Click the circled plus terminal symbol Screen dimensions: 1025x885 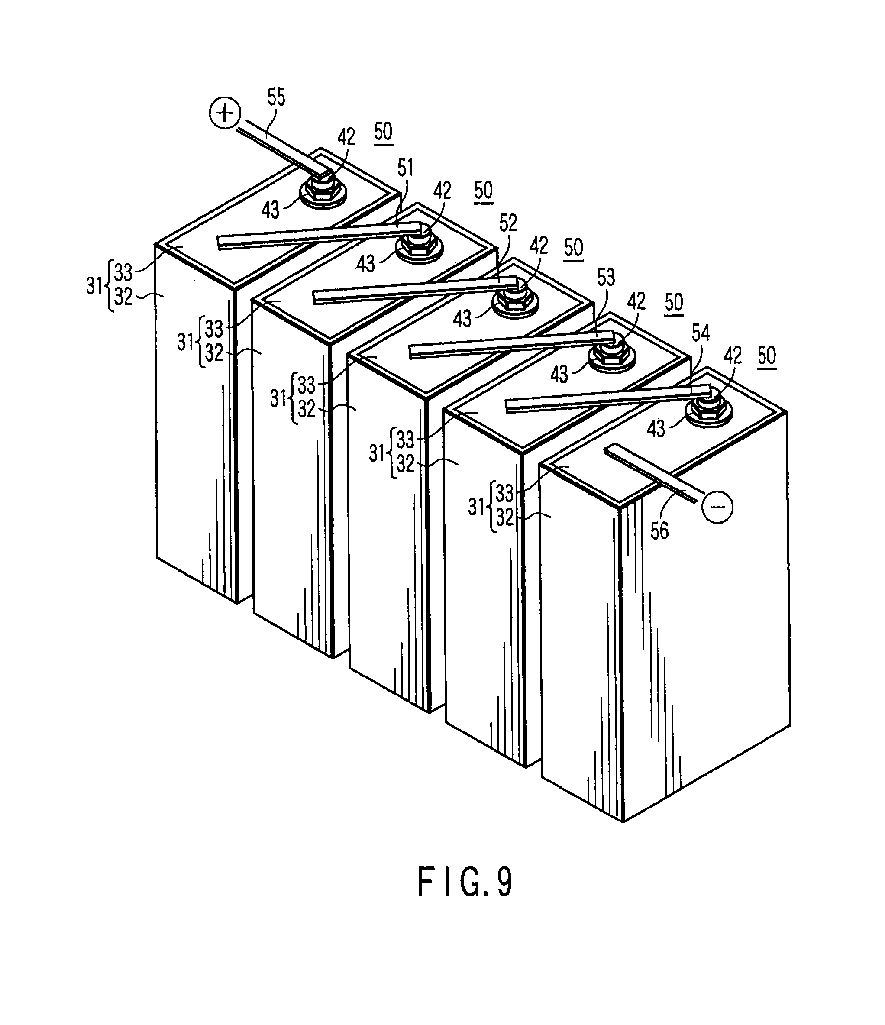click(225, 114)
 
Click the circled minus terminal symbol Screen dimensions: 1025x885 click(717, 507)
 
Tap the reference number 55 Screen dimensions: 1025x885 click(276, 97)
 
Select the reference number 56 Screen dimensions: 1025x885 click(659, 531)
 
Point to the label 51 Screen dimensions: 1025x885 click(405, 168)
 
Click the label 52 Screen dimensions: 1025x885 click(508, 223)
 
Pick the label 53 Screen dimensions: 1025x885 click(605, 278)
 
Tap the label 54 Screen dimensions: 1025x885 click(701, 333)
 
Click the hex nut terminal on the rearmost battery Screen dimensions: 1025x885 click(323, 191)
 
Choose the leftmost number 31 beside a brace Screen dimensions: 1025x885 click(94, 285)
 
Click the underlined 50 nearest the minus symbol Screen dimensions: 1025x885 click(767, 355)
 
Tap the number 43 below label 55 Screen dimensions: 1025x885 click(270, 210)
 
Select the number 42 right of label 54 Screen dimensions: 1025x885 click(732, 355)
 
